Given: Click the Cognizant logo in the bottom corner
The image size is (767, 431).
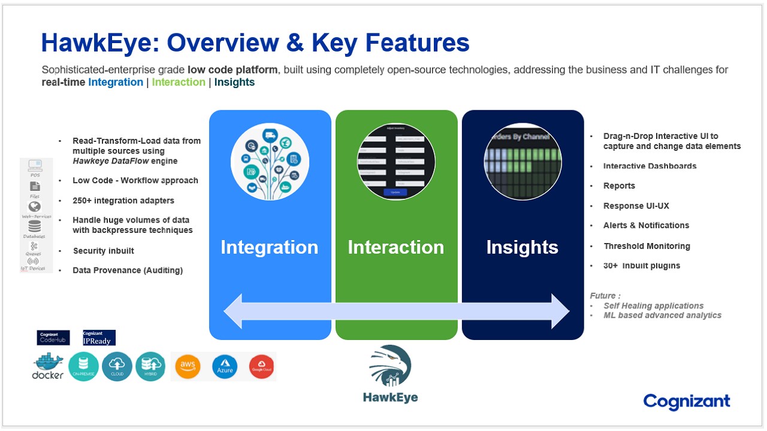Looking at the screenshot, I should tap(687, 401).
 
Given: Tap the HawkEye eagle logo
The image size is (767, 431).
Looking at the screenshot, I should tap(390, 366).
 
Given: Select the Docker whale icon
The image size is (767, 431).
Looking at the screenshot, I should tap(48, 366).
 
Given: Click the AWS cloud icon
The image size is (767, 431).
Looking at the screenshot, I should tap(187, 366).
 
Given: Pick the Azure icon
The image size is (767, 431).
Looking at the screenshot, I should tap(225, 367).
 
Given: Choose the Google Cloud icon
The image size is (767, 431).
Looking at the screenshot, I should tap(261, 366).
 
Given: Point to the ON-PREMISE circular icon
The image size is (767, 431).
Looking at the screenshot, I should tap(83, 366).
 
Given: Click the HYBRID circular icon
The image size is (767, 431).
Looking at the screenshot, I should tap(150, 366).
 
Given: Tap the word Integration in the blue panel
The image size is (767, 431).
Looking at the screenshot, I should tap(269, 247).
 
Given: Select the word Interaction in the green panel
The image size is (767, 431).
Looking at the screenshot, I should tap(395, 247).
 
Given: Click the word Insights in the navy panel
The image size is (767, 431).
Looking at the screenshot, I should tap(522, 247).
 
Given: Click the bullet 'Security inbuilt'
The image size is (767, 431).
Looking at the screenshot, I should tap(103, 251).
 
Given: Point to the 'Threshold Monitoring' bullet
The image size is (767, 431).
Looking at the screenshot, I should tap(647, 246).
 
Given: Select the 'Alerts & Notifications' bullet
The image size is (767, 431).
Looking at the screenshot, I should tap(646, 226).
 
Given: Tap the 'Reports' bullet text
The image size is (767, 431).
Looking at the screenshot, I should tap(619, 186).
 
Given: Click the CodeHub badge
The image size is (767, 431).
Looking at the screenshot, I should tap(53, 338).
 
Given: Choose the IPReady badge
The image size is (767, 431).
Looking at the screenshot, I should tap(99, 338).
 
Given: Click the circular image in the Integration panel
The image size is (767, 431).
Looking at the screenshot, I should tap(270, 162).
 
